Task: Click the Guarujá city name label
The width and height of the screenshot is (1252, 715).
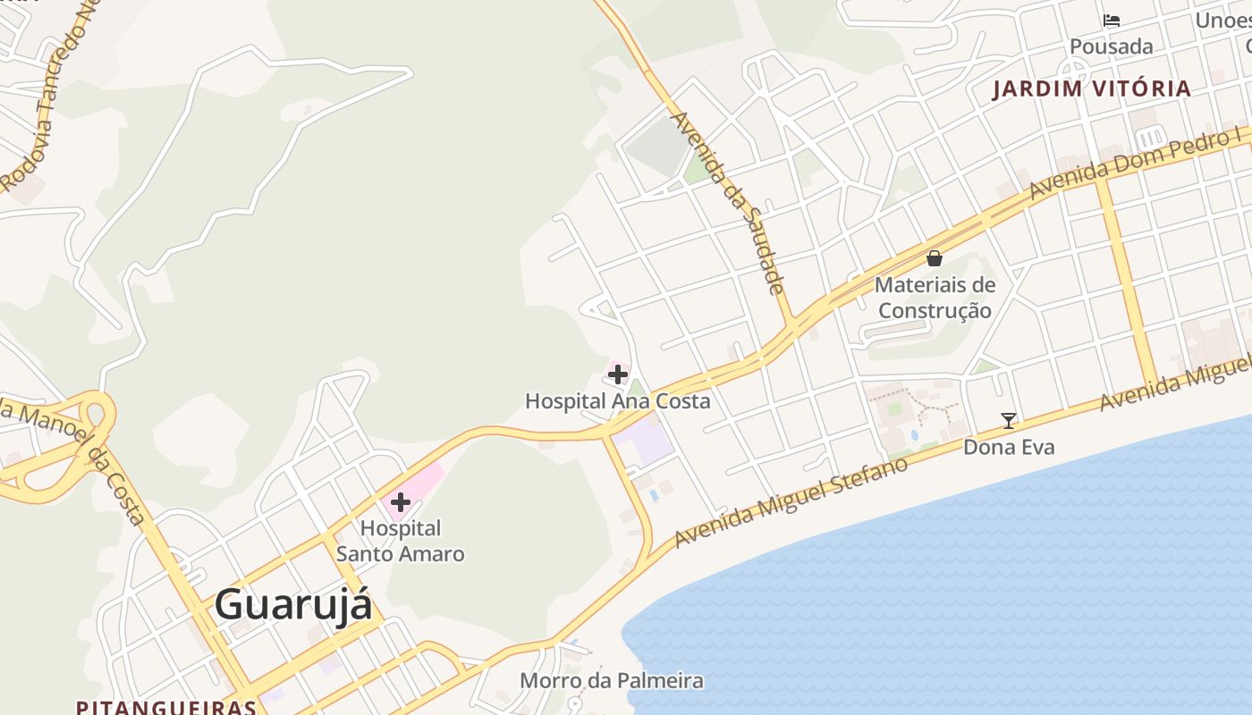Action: coord(292,604)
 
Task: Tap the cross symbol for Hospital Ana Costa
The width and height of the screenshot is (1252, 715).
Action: coord(617,374)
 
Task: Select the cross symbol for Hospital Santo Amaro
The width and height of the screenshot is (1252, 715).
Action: coord(400,502)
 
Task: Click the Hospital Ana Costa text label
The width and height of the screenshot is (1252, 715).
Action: coord(617,401)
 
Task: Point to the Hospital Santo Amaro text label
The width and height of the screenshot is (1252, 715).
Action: coord(400,541)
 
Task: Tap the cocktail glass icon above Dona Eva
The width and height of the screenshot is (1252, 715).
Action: coord(1008,420)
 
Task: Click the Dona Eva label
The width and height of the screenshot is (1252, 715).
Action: coord(1008,447)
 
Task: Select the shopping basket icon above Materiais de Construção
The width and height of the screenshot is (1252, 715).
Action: coord(935,258)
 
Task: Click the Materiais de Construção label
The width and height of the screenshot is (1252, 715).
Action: coord(935,298)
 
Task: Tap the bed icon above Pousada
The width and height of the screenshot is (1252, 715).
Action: coord(1112,21)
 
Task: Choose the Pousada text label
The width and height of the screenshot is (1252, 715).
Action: coord(1112,46)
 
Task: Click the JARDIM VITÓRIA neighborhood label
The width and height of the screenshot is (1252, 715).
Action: coord(1091,88)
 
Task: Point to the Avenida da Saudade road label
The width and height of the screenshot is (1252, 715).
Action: coord(727,202)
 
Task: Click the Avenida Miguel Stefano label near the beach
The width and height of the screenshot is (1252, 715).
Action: coord(791,501)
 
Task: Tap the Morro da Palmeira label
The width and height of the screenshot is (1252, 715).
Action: coord(612,681)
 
